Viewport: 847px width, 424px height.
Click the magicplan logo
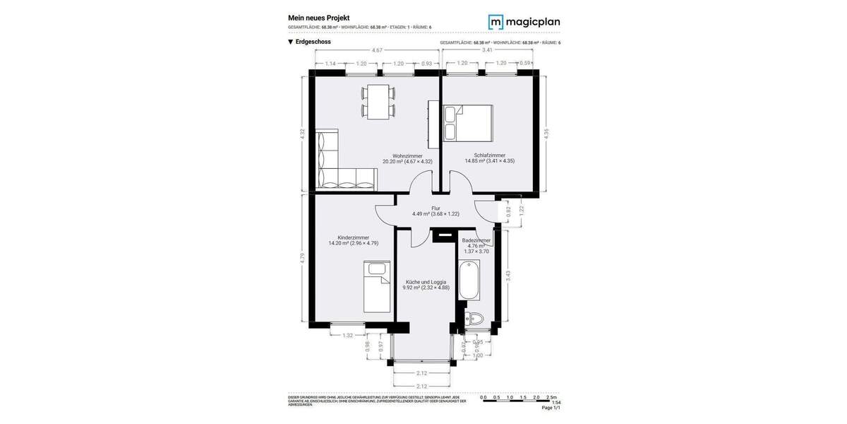click(x=524, y=22)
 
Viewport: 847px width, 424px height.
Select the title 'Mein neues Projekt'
click(x=318, y=18)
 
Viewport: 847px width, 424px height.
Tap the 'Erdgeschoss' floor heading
click(x=313, y=42)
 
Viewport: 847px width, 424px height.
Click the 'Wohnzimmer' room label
click(x=407, y=155)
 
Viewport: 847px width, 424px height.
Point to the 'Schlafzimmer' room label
click(x=489, y=155)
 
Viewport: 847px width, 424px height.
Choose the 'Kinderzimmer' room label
click(x=353, y=237)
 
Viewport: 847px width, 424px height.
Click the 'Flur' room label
click(x=435, y=208)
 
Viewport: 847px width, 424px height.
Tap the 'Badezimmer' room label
click(x=476, y=240)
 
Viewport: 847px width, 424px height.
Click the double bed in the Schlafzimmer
click(x=467, y=124)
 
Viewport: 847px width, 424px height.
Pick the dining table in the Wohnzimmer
click(x=378, y=101)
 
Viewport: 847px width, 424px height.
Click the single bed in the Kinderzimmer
click(x=377, y=286)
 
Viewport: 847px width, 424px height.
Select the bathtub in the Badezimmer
click(x=469, y=281)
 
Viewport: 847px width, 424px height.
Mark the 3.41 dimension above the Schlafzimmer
click(x=487, y=50)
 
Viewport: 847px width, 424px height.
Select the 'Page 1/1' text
click(x=551, y=408)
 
